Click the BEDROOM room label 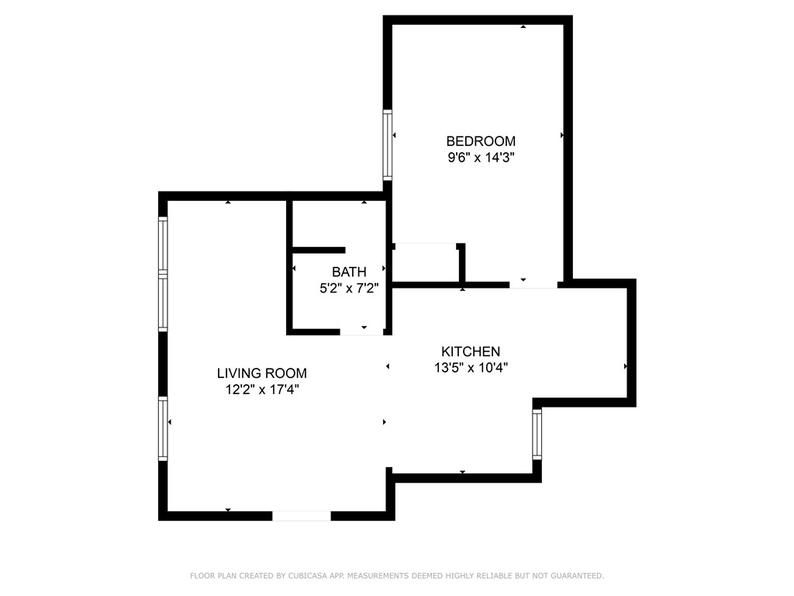[481, 141]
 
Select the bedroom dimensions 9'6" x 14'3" [481, 158]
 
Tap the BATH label [349, 272]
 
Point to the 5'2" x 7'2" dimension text [349, 288]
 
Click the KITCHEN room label [471, 352]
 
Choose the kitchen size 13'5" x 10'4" [471, 368]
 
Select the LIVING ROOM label [261, 373]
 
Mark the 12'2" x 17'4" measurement [261, 390]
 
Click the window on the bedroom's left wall [388, 145]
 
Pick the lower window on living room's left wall [163, 428]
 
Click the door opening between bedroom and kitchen [533, 285]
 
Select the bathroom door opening [362, 331]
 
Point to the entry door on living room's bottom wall [302, 515]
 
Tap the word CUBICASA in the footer [306, 576]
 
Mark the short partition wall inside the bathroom [319, 250]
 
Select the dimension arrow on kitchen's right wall [625, 366]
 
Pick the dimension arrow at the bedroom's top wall [523, 27]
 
